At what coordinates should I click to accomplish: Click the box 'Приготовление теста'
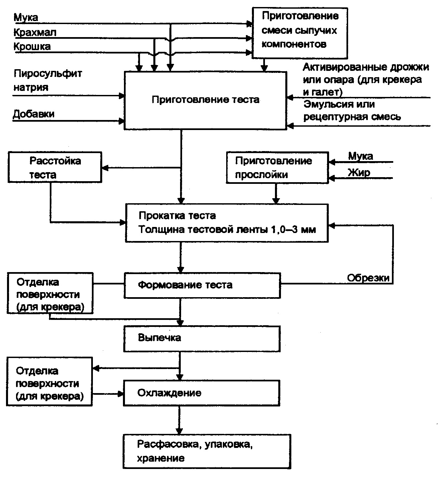coord(205,100)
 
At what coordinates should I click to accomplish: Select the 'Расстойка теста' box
coord(55,167)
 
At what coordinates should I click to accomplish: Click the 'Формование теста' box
coord(202,285)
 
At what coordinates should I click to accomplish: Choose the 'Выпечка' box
coord(202,339)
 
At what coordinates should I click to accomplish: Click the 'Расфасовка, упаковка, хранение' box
coord(206,451)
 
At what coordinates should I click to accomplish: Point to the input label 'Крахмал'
coord(35,32)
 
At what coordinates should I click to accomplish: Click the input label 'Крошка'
coord(32,46)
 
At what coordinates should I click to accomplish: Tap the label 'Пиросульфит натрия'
coord(47,80)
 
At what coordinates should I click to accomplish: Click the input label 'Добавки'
coord(33,114)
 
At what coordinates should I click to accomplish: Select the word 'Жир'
coord(359,172)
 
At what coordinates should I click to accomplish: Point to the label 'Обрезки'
coord(368,278)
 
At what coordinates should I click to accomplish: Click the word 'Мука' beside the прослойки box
coord(360,156)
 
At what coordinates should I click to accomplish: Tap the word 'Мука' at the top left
coord(26,17)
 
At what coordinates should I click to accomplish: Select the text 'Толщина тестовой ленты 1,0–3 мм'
coord(227,230)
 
